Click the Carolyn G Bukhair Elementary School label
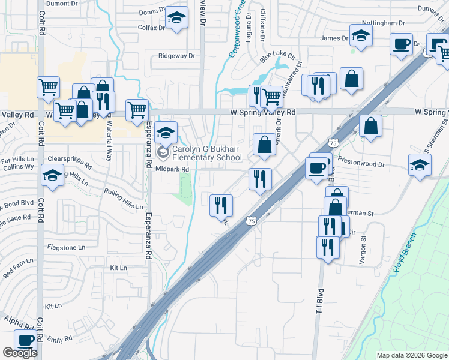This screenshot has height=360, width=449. [207, 154]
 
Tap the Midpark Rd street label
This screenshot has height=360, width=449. [173, 169]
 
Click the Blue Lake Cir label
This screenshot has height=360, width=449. [278, 57]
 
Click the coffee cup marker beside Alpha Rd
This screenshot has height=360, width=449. [25, 340]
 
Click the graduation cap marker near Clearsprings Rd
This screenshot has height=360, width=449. [52, 175]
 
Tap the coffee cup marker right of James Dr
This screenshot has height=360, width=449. [401, 43]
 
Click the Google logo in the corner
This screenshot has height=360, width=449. [20, 353]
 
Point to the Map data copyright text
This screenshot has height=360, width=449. [411, 355]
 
